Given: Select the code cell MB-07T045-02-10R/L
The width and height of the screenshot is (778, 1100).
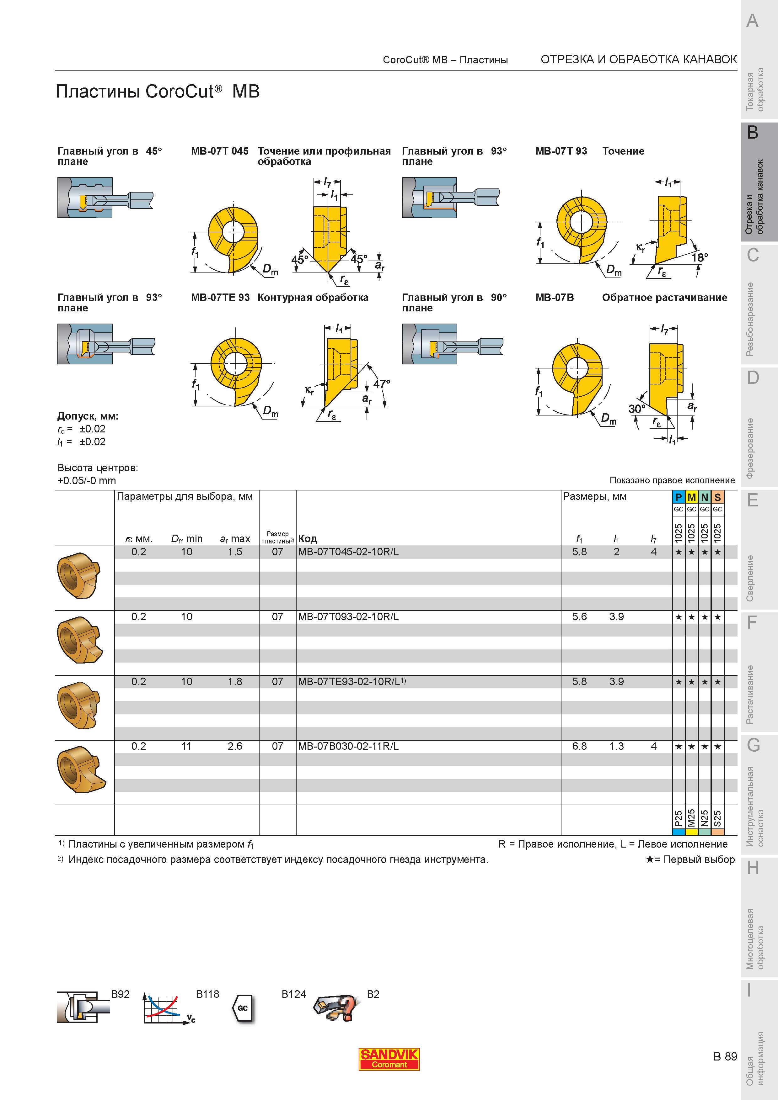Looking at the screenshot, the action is pyautogui.click(x=348, y=552).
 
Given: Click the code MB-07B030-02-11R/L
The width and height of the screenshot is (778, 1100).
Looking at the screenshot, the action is pyautogui.click(x=348, y=746).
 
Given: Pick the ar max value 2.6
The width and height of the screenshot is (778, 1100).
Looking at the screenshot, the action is pyautogui.click(x=235, y=746).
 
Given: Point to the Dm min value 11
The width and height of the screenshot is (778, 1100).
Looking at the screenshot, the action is pyautogui.click(x=186, y=746).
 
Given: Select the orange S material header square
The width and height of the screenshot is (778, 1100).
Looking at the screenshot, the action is pyautogui.click(x=717, y=497).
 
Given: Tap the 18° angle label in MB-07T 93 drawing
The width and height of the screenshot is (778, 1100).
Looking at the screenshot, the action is pyautogui.click(x=700, y=257).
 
